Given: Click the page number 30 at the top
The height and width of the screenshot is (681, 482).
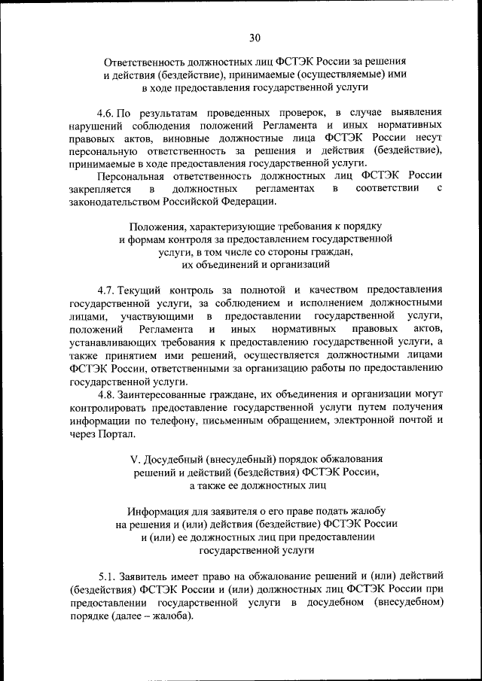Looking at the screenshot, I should [255, 37].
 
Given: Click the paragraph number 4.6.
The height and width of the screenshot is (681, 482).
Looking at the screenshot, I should [108, 110].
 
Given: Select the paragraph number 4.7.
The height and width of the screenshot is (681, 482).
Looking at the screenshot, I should [108, 289].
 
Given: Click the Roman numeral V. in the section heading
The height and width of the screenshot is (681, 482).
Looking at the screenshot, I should [136, 458].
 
